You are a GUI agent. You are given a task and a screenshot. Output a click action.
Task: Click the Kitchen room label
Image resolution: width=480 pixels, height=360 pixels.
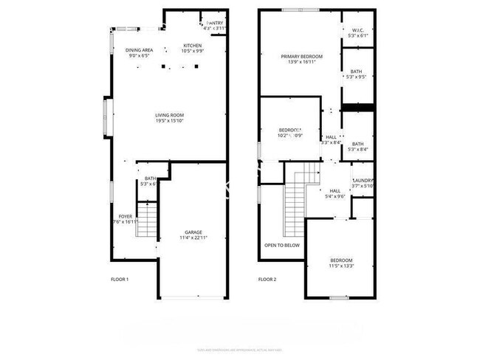click(x=192, y=46)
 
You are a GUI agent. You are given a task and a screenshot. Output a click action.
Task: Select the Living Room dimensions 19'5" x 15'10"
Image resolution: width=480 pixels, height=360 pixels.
click(x=169, y=121)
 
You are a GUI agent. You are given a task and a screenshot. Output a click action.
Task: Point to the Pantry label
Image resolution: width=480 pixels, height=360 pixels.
click(x=216, y=24)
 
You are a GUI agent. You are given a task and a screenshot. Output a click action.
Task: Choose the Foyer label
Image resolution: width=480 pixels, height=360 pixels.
click(x=126, y=216)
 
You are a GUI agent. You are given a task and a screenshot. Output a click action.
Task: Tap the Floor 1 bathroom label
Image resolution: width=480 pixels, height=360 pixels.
click(x=150, y=179)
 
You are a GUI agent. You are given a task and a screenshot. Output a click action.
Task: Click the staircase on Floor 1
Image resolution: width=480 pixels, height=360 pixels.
click(x=148, y=219)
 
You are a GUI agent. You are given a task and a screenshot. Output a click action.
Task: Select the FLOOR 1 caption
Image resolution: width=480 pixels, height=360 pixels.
click(x=120, y=280)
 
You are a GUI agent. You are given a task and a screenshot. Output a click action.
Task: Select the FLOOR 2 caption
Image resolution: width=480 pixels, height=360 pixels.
click(x=267, y=280)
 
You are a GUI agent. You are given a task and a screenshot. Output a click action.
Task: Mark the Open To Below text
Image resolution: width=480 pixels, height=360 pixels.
click(x=281, y=245)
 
